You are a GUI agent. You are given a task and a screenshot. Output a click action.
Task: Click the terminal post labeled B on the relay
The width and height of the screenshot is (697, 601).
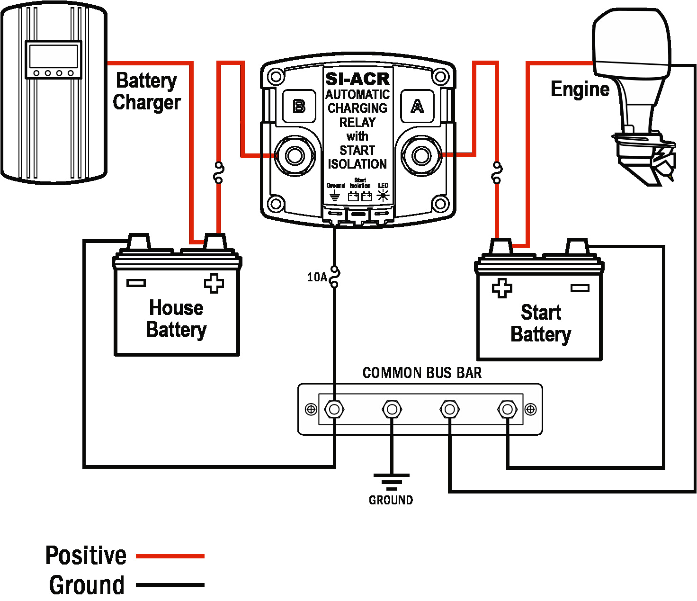click(x=295, y=155)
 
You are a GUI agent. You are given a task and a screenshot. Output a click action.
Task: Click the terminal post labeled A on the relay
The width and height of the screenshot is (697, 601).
click(x=421, y=155)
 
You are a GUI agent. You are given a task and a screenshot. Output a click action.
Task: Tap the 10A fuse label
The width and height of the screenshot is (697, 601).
click(x=317, y=277)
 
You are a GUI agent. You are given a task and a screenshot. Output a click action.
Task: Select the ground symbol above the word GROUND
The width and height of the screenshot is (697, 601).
click(x=391, y=481)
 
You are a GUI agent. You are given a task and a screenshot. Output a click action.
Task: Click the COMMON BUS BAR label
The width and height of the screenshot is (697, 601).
click(x=422, y=373)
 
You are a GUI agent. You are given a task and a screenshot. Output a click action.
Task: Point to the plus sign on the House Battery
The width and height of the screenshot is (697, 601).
click(x=214, y=283)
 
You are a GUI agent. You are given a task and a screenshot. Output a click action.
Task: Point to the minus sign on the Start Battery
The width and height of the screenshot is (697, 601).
click(x=580, y=287)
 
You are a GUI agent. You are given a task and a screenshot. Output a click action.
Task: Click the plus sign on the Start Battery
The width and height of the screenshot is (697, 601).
click(x=502, y=288)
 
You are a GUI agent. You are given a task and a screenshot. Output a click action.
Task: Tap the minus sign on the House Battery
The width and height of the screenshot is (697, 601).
click(x=136, y=283)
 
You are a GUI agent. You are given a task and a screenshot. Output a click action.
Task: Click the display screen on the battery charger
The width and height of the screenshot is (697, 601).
click(x=53, y=56)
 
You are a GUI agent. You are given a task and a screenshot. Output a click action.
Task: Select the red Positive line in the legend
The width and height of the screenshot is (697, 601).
click(x=170, y=556)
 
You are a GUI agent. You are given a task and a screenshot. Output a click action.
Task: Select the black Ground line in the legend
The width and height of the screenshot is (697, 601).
click(x=170, y=585)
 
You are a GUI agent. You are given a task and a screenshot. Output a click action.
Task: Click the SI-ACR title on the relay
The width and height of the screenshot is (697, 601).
click(x=357, y=79)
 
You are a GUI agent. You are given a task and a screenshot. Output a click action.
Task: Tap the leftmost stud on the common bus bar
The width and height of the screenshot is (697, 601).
click(x=334, y=409)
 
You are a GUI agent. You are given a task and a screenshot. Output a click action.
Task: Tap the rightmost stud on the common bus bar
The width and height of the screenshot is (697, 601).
click(x=508, y=409)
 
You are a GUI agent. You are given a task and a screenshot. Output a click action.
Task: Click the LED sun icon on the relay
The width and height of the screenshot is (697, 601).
click(x=383, y=195)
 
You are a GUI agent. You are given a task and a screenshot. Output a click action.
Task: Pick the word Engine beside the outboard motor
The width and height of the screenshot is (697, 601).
click(x=580, y=89)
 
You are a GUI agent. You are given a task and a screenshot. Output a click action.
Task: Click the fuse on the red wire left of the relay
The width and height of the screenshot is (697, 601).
click(x=218, y=173)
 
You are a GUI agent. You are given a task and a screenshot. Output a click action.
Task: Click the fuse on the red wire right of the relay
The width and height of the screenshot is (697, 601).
click(x=497, y=173)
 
